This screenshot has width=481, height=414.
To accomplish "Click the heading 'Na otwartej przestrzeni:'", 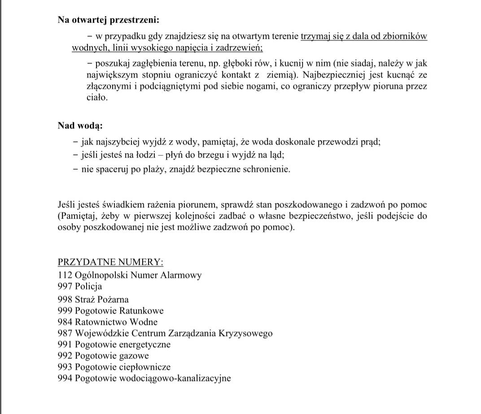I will pos(108,20).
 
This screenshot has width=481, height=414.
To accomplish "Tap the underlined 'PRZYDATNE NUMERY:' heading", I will pos(110,262).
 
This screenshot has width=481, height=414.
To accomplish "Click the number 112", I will pos(65,275).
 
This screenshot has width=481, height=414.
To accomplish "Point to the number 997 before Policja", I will pos(65,287).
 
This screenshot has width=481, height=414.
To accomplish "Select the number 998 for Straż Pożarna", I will pos(65,299).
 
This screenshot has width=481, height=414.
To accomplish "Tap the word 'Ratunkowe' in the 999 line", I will pos(142,310).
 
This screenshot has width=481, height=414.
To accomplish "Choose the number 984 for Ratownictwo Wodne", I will pos(65,322).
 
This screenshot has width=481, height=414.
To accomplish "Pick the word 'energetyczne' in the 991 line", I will pos(145,345).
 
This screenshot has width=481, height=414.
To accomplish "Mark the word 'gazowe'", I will pos(134,356).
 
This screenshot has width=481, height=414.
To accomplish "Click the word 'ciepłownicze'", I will pos(145,367).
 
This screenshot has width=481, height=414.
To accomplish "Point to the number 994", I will pos(65,379).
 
